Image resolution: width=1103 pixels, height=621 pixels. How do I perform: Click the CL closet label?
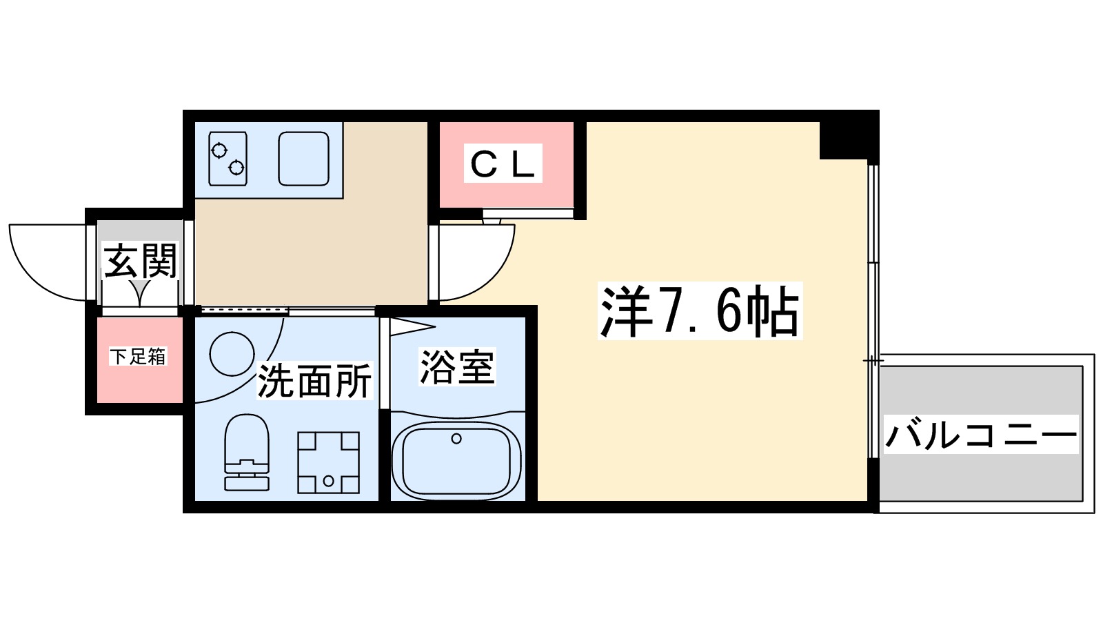(503, 164)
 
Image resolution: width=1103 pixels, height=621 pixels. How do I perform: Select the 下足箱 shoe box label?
(139, 357)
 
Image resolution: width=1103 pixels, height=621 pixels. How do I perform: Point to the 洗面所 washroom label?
(314, 380)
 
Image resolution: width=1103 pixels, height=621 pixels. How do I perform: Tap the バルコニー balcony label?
(981, 435)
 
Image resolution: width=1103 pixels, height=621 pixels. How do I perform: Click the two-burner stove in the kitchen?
(227, 159)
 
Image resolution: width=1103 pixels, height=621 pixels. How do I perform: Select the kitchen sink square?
(303, 159)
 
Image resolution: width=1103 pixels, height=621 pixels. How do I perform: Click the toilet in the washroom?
(247, 452)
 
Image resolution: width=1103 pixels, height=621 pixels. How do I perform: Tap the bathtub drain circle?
(456, 438)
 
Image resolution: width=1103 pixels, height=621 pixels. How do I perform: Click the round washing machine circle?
(232, 354)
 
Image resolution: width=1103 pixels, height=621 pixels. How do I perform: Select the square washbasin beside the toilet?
(328, 462)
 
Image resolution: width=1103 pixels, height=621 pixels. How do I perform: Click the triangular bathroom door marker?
(410, 326)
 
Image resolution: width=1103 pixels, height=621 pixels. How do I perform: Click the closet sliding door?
(527, 214)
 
